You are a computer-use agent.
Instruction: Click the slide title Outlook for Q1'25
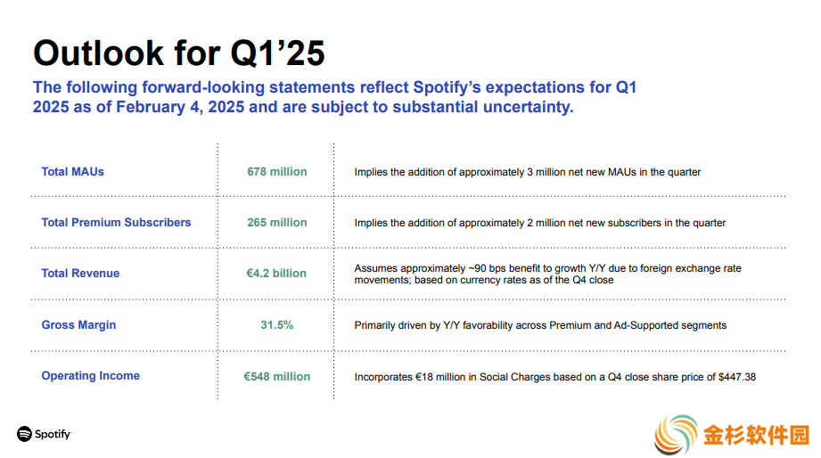[179, 53]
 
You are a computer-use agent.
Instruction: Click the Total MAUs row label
[73, 172]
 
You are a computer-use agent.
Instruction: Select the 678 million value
[277, 172]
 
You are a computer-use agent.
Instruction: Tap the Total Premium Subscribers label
[116, 223]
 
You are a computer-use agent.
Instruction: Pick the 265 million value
[277, 223]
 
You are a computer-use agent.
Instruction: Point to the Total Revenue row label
[80, 274]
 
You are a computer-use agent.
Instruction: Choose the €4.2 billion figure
[276, 274]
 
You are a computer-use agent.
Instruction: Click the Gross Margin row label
[78, 325]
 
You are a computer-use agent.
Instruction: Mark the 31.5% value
[277, 325]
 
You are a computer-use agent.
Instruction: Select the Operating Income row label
[91, 376]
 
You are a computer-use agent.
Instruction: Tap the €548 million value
[277, 376]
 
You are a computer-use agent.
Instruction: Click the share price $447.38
[737, 377]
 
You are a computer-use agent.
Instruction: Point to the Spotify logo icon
[25, 434]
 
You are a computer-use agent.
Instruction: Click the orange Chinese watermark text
[756, 435]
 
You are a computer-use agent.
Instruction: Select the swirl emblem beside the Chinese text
[676, 435]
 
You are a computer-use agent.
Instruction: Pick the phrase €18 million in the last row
[433, 377]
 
